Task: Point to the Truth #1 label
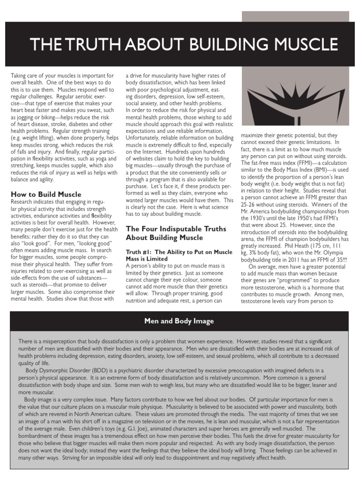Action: (142, 251)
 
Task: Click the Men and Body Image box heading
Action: (180, 321)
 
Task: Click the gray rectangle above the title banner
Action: (300, 16)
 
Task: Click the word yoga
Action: (100, 158)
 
